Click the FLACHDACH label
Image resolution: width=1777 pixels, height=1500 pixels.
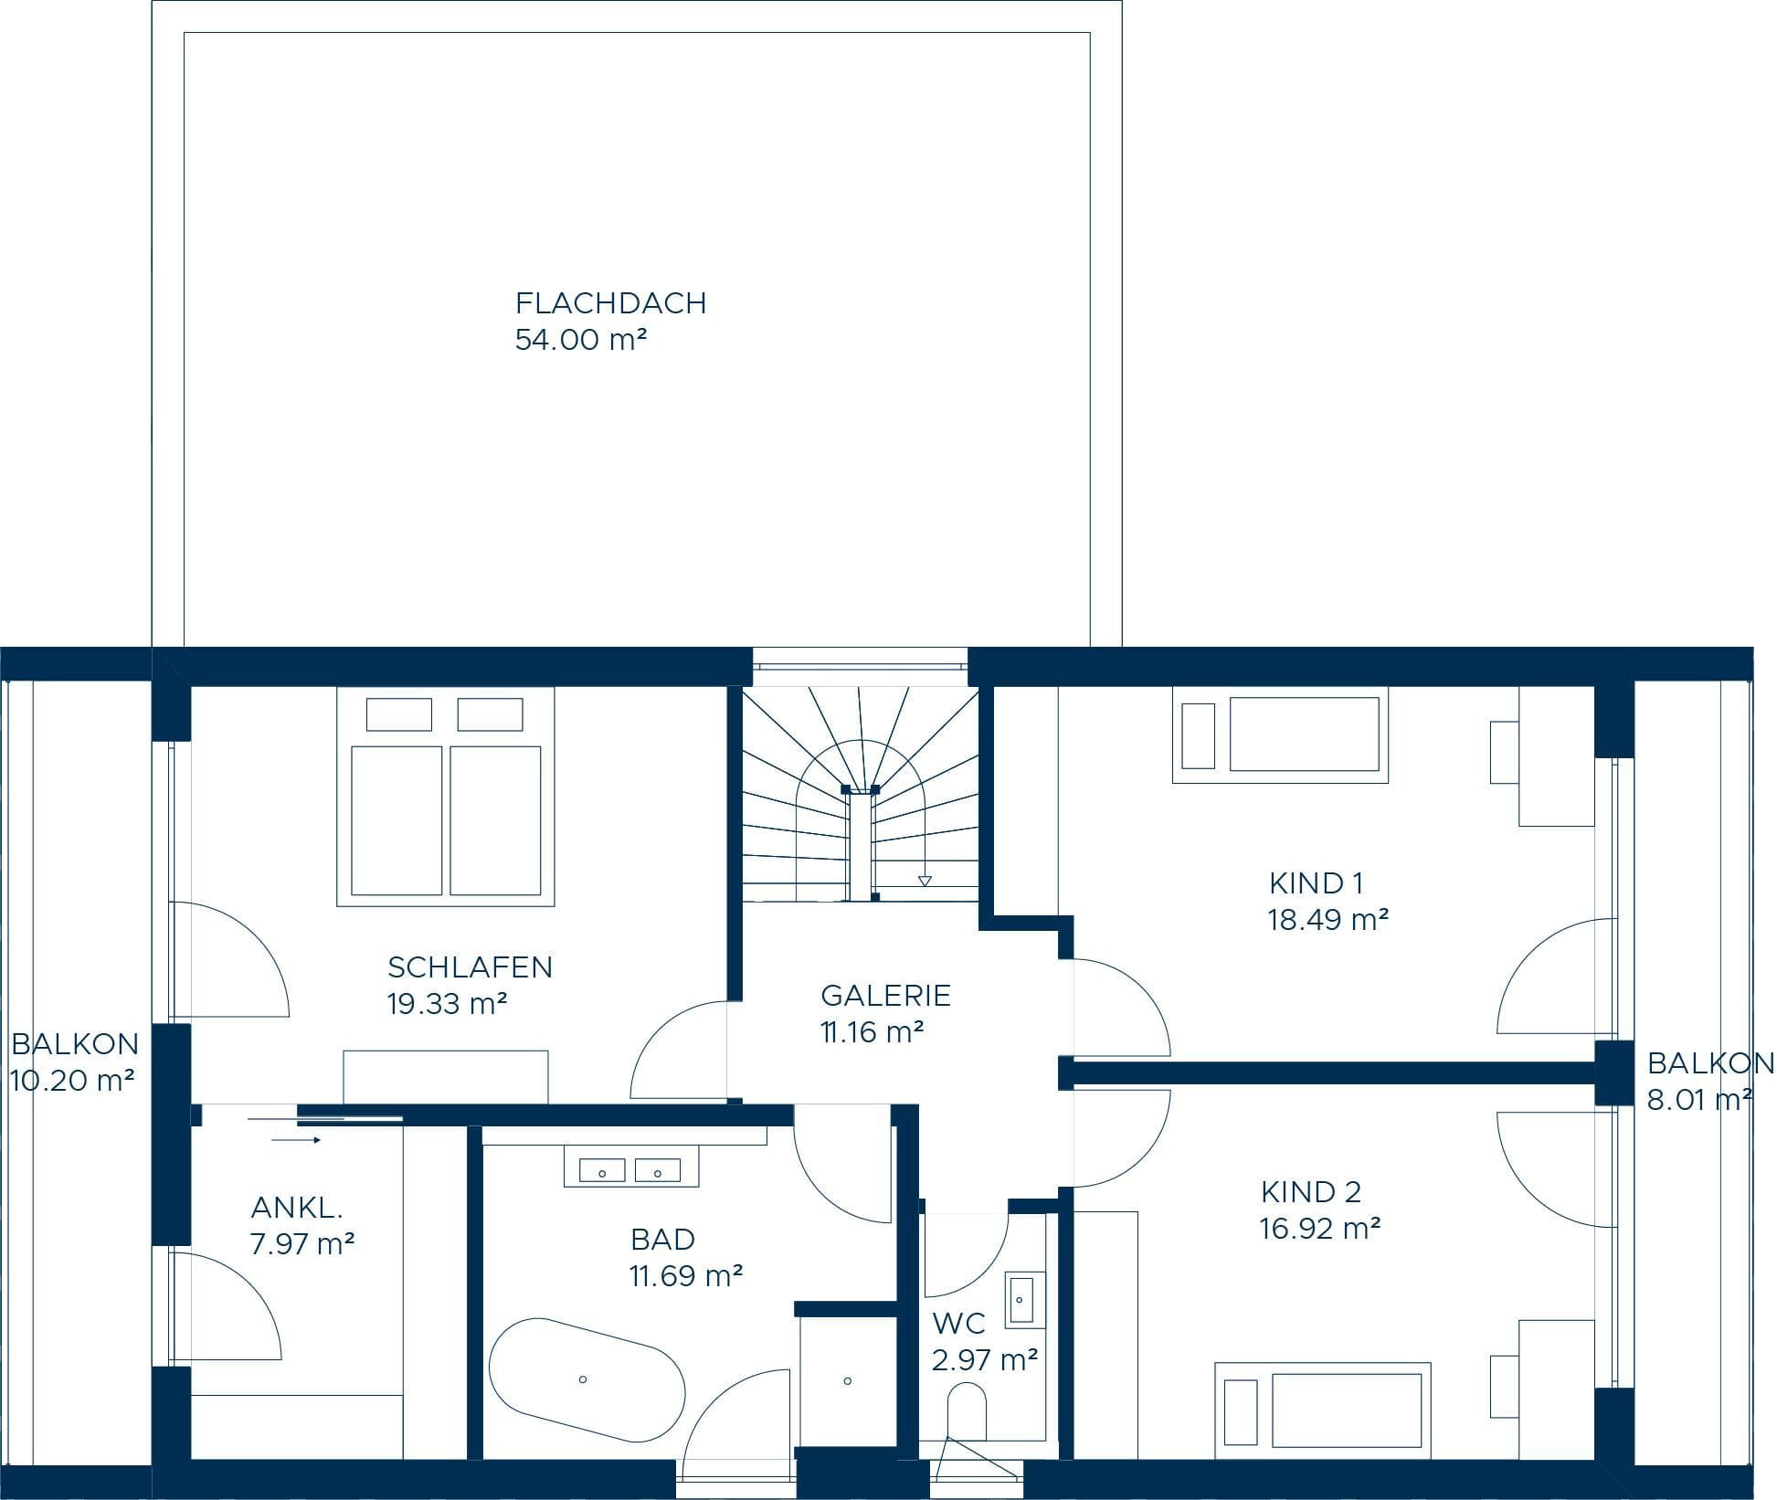[610, 303]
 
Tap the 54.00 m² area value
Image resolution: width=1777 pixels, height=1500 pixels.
[581, 340]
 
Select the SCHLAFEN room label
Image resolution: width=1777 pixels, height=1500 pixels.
[470, 967]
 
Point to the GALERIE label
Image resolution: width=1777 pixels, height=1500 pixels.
[885, 996]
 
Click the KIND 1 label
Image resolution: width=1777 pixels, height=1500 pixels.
[1316, 883]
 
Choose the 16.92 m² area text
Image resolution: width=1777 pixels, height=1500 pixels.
[1319, 1229]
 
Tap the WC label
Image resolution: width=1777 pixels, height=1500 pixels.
[958, 1323]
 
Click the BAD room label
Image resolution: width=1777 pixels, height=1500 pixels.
[662, 1240]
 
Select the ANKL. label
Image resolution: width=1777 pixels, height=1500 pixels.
[297, 1208]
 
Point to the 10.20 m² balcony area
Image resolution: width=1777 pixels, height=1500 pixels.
[73, 1081]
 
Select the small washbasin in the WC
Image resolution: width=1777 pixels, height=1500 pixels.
[1021, 1298]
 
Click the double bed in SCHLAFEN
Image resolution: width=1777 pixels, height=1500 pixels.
[446, 797]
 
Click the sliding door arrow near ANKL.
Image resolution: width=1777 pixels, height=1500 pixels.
[297, 1140]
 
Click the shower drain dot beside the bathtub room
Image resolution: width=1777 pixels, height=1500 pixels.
[848, 1380]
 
